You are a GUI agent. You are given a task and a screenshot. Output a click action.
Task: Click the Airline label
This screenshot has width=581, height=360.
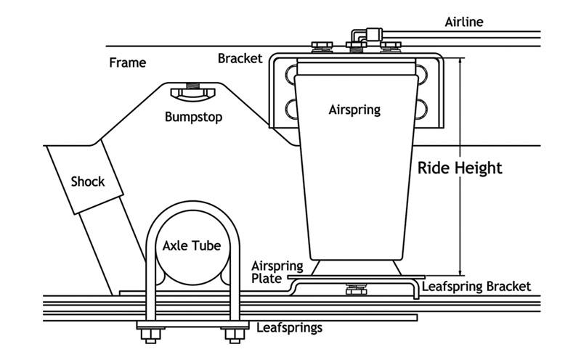tap(463, 22)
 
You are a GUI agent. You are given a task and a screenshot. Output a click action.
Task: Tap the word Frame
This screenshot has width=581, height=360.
tap(127, 62)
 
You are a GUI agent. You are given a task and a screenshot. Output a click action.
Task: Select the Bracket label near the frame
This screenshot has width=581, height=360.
tap(240, 58)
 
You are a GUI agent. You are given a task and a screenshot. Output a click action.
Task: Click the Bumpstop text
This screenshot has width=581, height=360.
tap(193, 116)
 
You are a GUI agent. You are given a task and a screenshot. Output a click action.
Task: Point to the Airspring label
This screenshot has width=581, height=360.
tap(354, 110)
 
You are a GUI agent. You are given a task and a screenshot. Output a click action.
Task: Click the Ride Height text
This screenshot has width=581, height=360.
tap(460, 168)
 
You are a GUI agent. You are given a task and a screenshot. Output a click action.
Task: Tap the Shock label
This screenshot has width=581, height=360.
tap(87, 181)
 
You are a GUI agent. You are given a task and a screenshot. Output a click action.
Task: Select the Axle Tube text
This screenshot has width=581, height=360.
tap(191, 246)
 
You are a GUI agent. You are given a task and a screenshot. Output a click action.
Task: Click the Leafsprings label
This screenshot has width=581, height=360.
tap(289, 328)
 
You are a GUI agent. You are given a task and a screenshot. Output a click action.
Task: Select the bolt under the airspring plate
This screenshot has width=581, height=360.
tap(356, 290)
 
